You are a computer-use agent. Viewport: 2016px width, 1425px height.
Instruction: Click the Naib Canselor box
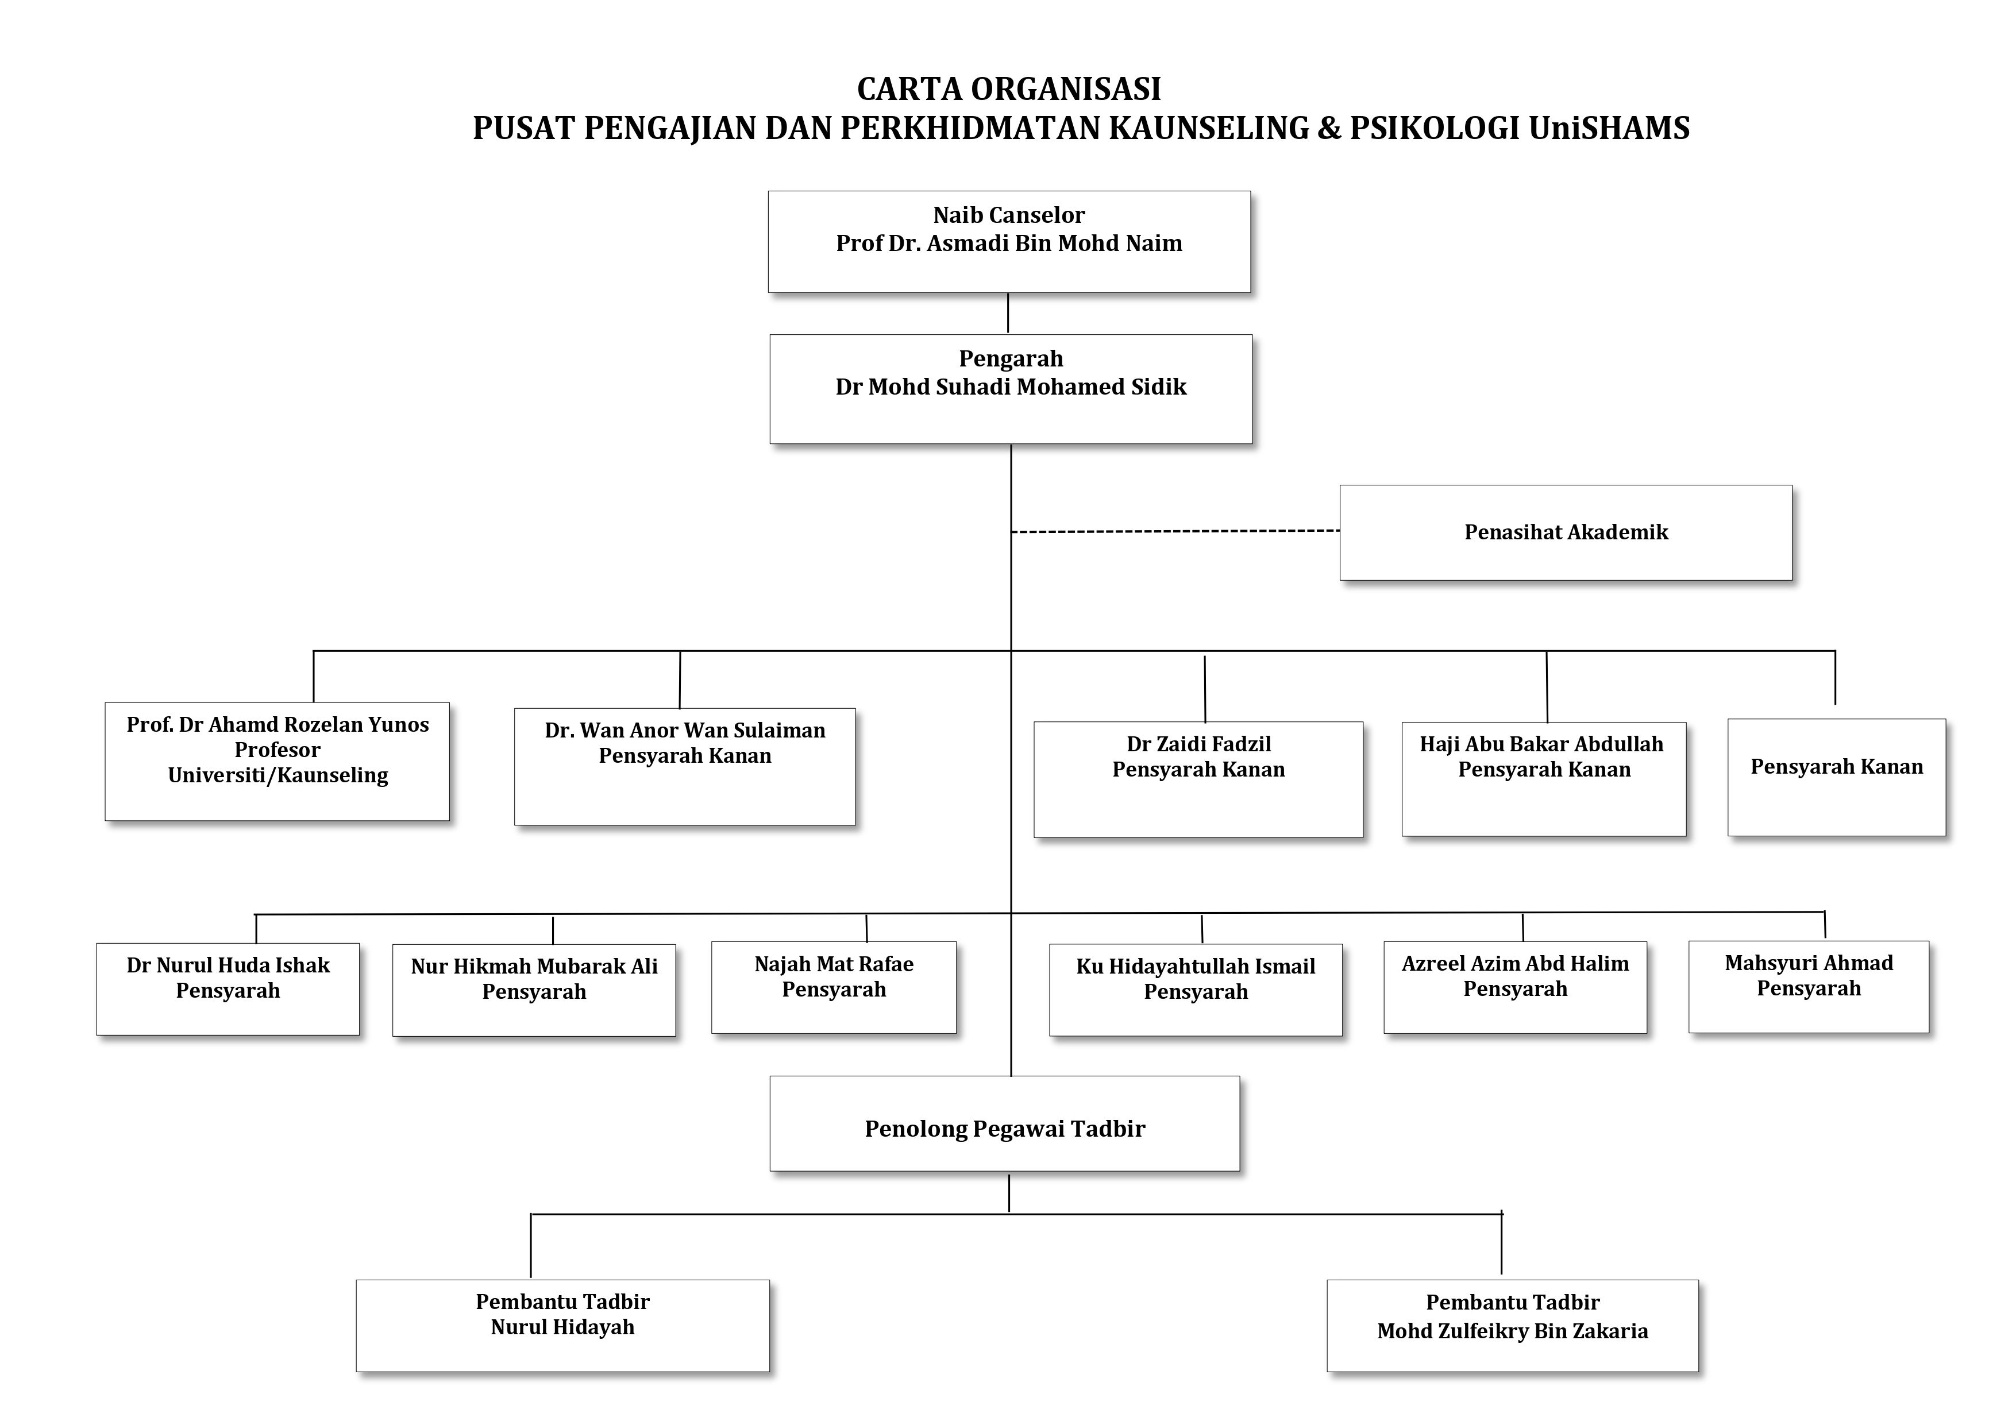point(1009,241)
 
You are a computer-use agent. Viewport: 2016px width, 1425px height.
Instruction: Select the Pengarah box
point(1011,389)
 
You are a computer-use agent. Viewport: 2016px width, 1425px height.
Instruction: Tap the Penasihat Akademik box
point(1566,533)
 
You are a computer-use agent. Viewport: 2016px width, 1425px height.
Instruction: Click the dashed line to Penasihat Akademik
point(1175,531)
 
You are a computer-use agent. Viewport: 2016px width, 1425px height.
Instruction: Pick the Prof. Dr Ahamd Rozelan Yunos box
point(277,761)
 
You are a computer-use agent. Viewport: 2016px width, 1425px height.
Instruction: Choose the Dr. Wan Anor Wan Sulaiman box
point(685,767)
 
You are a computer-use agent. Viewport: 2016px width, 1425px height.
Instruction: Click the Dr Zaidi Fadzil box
point(1198,779)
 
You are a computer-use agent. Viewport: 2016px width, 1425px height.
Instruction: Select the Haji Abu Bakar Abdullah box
point(1544,779)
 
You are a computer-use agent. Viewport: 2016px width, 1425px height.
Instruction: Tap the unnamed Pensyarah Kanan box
point(1837,777)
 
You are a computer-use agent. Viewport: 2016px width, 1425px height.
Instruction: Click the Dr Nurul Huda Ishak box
point(228,990)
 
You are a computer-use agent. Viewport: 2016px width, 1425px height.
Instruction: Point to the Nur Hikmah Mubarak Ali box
point(534,990)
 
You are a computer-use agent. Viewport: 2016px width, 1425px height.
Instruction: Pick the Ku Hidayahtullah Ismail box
point(1196,990)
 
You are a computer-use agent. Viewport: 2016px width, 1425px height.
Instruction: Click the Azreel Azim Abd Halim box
point(1516,988)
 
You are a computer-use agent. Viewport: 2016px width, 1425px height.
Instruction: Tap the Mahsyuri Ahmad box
point(1809,987)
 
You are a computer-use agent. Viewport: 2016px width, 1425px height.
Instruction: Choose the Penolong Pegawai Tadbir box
point(1004,1124)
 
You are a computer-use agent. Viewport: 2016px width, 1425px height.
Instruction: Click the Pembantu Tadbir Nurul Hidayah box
point(563,1326)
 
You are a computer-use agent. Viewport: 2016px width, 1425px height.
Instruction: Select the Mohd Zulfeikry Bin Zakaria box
point(1513,1326)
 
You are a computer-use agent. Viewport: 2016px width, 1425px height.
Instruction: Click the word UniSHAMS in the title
point(1609,128)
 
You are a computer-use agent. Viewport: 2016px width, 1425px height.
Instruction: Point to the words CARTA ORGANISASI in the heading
point(1009,88)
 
